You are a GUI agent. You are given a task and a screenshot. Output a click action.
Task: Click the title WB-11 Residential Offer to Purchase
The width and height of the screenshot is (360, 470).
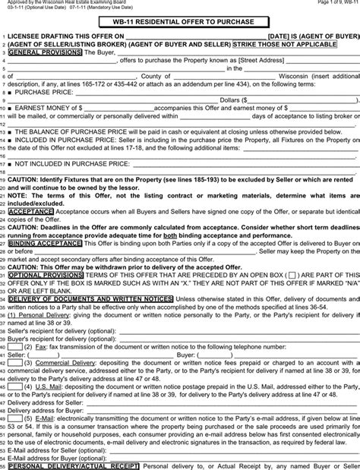click(x=180, y=23)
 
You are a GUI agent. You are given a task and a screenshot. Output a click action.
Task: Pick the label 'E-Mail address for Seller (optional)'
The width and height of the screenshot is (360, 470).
click(x=55, y=449)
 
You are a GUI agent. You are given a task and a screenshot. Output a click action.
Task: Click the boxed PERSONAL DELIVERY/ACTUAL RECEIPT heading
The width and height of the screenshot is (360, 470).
click(x=73, y=465)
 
